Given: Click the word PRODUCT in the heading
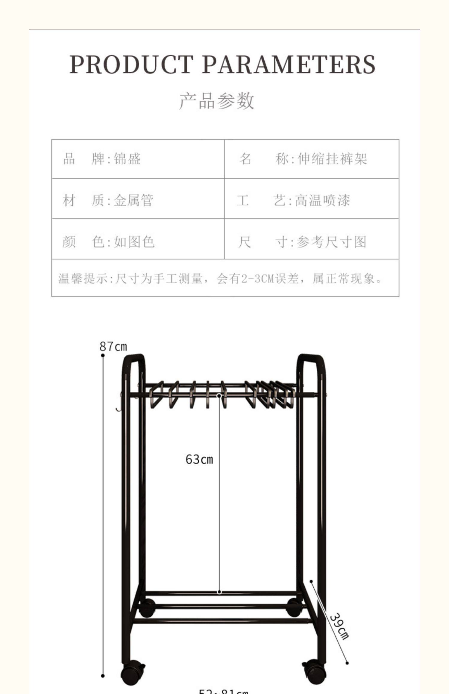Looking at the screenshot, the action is [131, 65].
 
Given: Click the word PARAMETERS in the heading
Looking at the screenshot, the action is [289, 65].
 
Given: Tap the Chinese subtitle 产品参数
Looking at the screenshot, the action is [217, 101].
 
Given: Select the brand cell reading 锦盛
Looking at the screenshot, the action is [127, 159].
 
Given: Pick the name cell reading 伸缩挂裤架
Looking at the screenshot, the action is [332, 159].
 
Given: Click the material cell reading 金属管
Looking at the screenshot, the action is [134, 200].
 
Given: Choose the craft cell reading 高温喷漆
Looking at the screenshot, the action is [322, 200].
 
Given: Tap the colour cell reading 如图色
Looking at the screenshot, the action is [134, 241].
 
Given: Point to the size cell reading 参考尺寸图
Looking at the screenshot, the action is [331, 241].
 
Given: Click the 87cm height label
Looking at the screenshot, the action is [113, 347].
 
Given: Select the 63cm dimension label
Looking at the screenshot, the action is [199, 459].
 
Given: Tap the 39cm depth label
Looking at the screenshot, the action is [339, 626].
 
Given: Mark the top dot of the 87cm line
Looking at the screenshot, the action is [103, 355].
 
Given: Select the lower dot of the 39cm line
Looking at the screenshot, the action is [347, 663].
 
